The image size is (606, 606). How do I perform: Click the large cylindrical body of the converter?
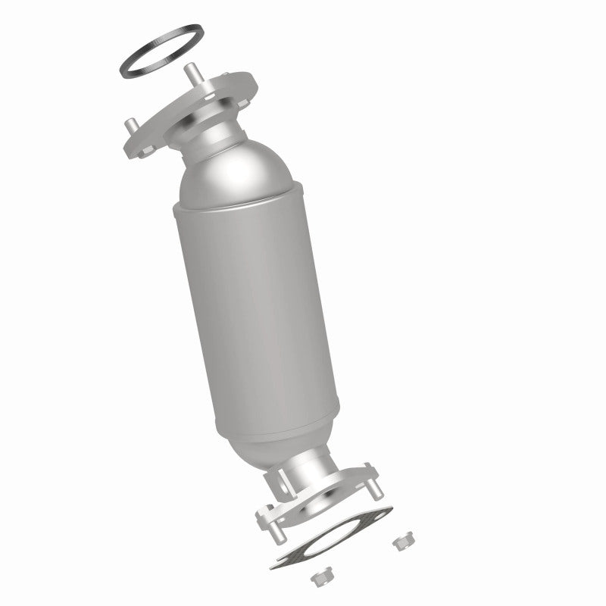click(x=261, y=303)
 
